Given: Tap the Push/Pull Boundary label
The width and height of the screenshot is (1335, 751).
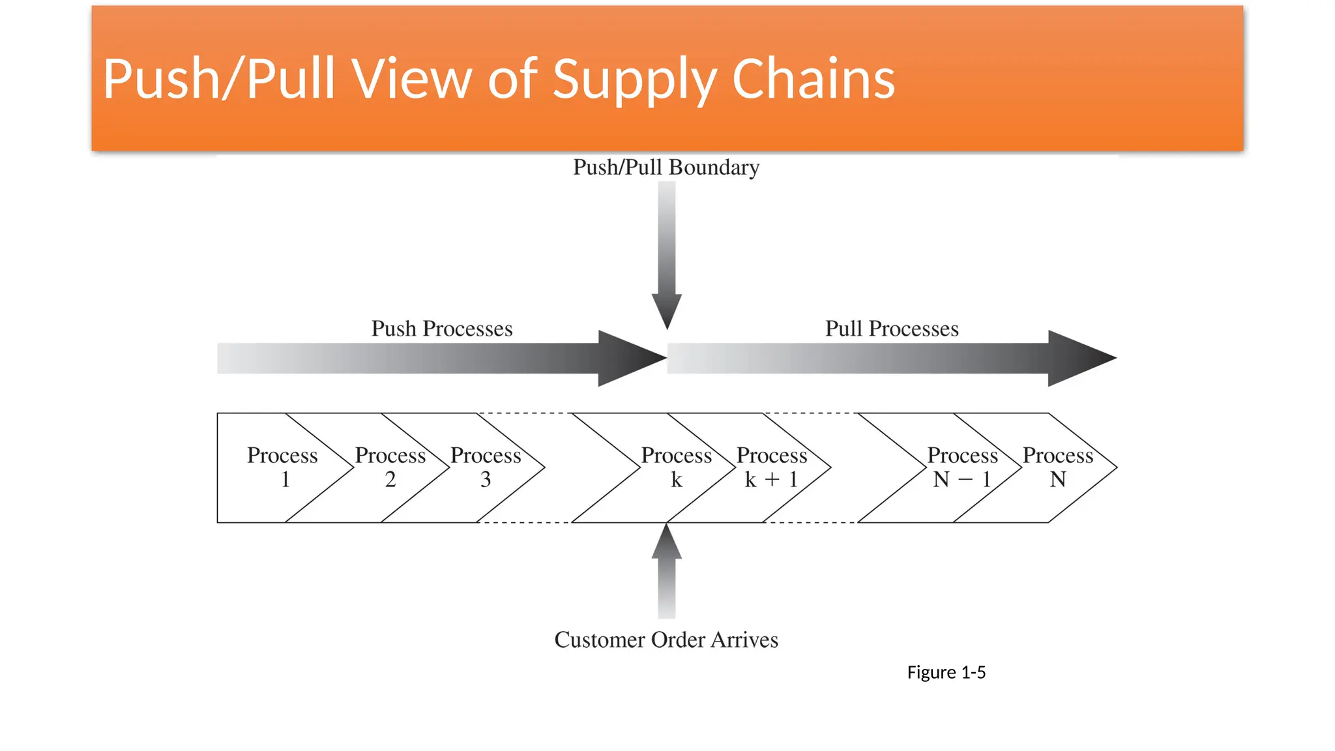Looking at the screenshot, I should point(666,168).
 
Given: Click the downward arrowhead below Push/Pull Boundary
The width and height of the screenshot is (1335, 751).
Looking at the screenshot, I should point(666,310).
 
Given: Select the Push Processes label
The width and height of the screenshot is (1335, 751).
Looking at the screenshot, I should point(442,329).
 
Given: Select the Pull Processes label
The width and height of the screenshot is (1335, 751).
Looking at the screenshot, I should point(892,329).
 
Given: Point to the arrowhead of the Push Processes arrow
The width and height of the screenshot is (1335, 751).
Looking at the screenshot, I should point(630,358).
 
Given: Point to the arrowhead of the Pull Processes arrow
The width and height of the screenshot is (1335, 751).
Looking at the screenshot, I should point(1079,358).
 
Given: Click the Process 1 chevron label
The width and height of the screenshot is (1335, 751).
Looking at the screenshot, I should point(282,467).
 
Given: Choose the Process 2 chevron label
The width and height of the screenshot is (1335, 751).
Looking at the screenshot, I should point(390,467).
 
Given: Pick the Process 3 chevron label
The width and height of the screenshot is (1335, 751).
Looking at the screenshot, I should point(486,467).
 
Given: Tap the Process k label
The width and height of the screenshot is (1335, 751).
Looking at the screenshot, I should point(676,467).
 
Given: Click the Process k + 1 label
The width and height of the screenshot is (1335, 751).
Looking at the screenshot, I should point(772,467).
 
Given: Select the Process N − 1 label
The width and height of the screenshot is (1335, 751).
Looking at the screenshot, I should point(962,467).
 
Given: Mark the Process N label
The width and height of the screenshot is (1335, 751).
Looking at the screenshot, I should point(1057,467).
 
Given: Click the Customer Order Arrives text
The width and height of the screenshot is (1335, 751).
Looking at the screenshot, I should point(666,640).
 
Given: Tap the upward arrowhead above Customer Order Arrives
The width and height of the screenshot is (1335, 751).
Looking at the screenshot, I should point(666,543).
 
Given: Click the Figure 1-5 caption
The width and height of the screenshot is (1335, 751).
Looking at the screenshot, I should point(946,672).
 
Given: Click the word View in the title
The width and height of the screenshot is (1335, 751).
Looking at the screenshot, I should point(412,80).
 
